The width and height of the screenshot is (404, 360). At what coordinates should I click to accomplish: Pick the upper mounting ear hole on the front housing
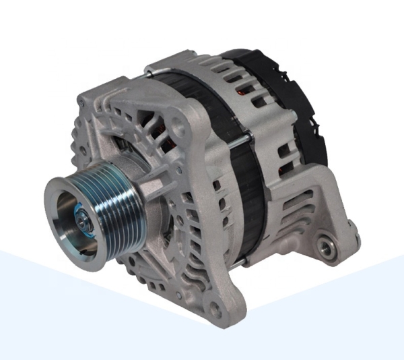tap(176, 124)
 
